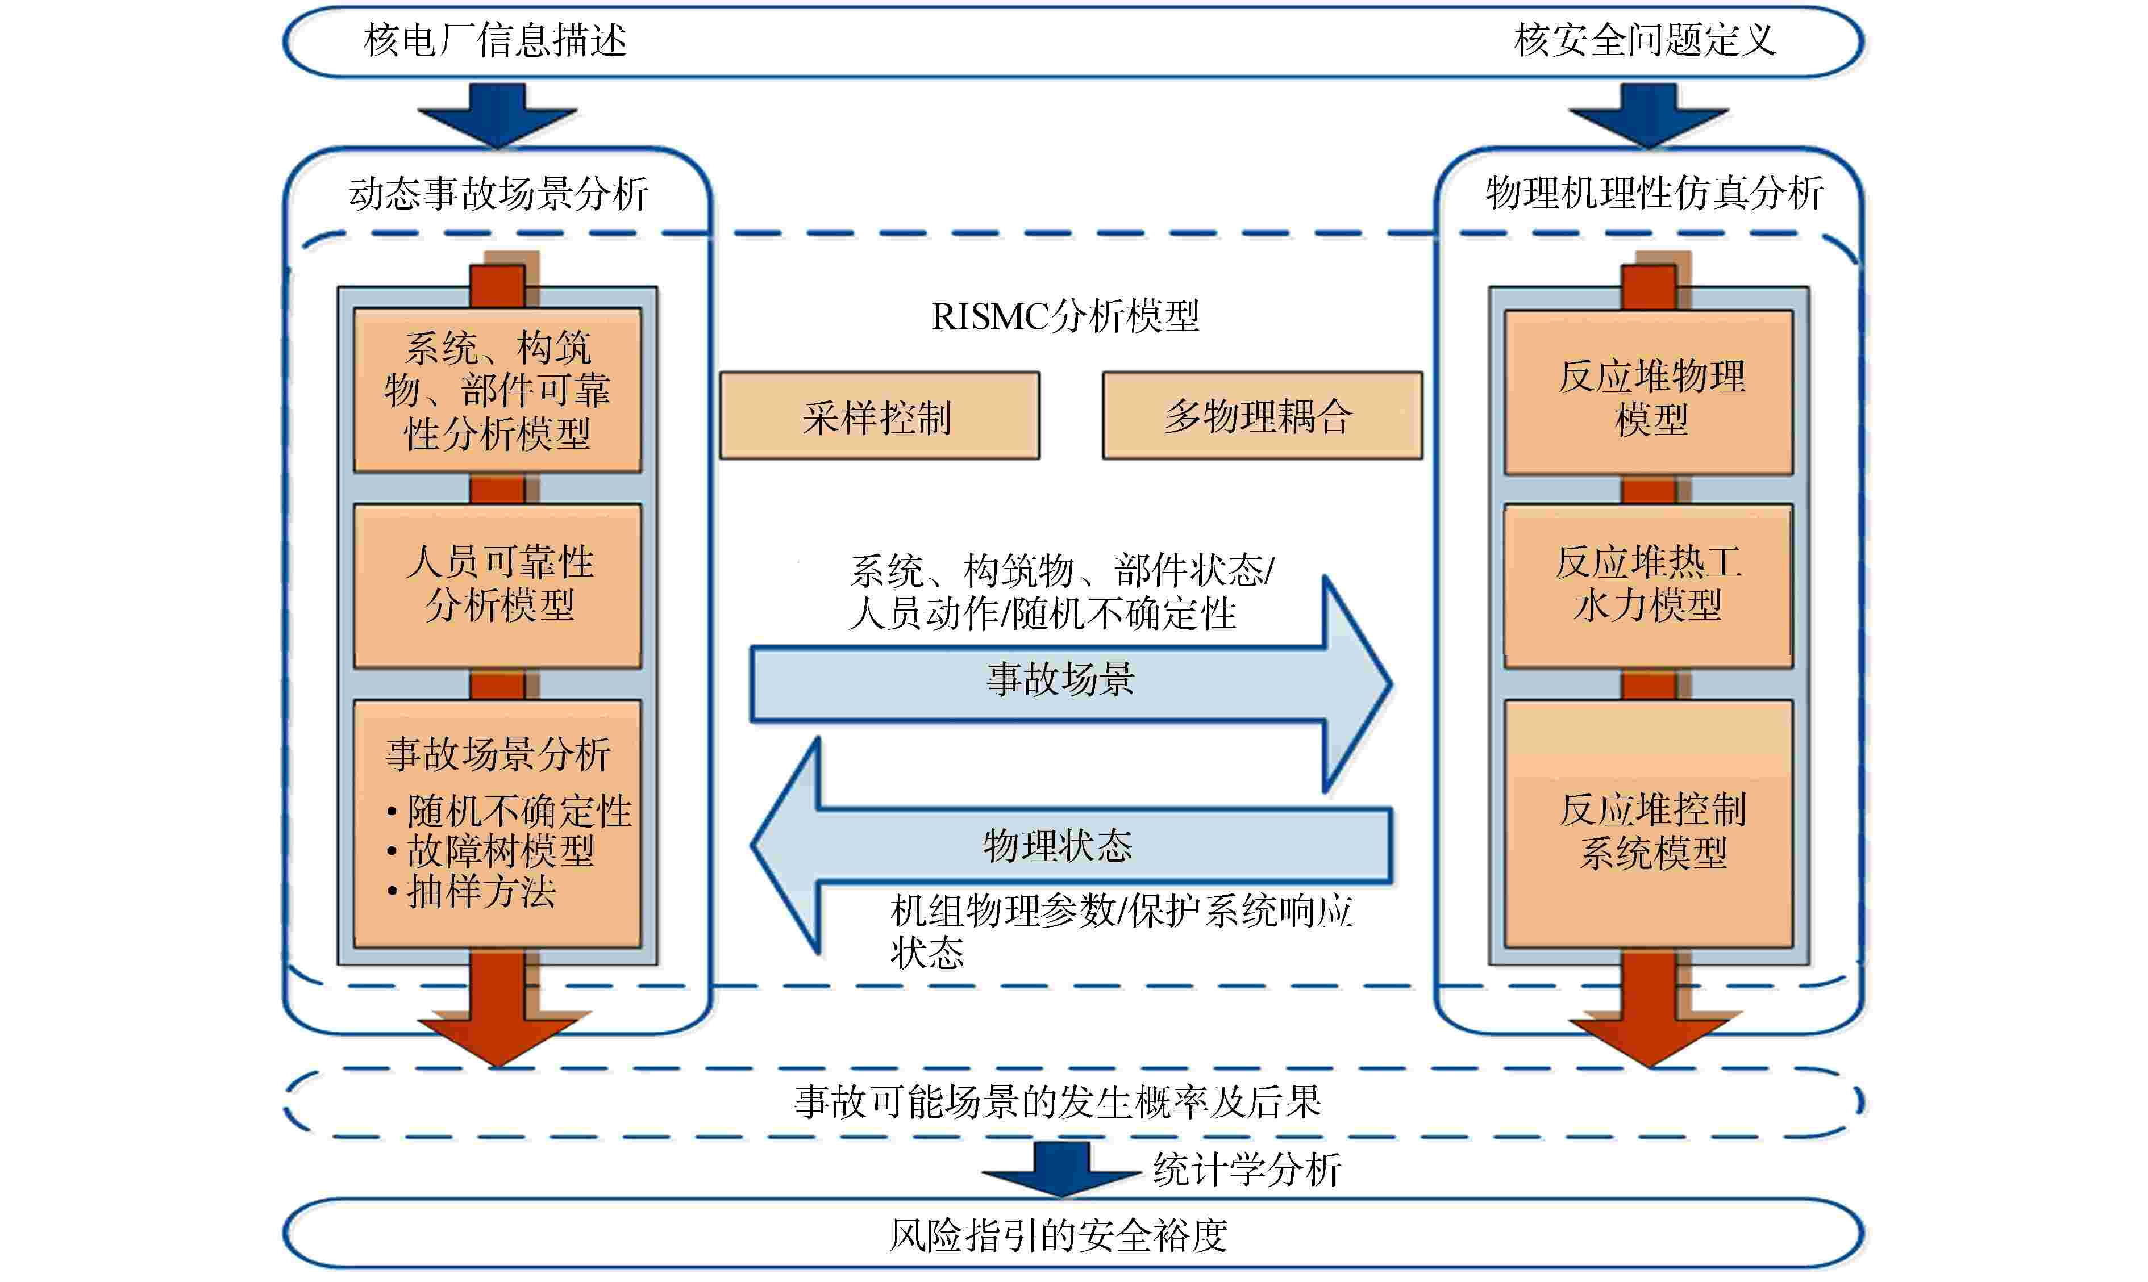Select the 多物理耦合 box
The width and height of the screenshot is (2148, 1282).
tap(1262, 416)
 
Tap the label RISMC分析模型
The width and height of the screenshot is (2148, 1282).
tap(1064, 316)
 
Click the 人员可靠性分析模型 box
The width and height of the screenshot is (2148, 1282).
tap(498, 585)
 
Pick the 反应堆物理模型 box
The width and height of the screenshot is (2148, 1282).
tap(1648, 393)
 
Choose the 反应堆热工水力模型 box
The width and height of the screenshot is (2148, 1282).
tap(1648, 585)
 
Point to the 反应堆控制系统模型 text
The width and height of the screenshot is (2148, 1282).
tap(1652, 831)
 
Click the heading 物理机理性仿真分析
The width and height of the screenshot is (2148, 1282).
tap(1654, 193)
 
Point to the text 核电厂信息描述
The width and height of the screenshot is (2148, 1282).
tap(495, 40)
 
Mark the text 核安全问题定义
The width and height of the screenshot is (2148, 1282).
tap(1645, 40)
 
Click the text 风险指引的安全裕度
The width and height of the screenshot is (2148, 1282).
tap(1059, 1234)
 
